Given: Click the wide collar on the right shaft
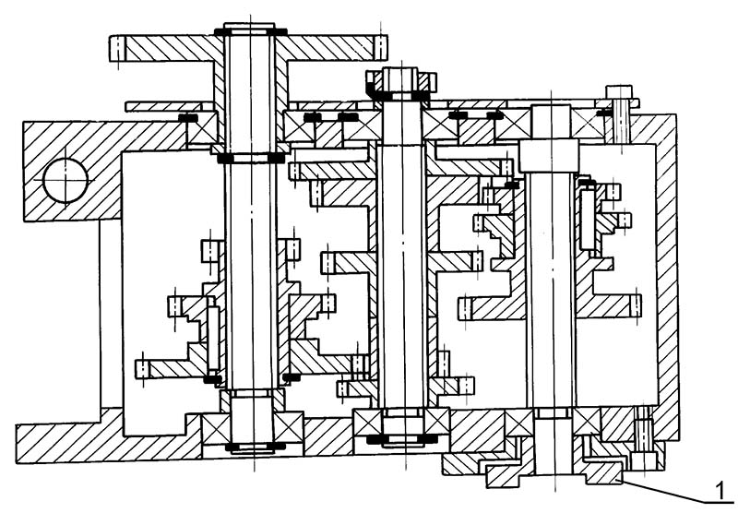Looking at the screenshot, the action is pos(549,156).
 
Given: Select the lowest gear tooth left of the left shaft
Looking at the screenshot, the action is pos(143,369).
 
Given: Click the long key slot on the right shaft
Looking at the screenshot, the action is pos(586,217).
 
